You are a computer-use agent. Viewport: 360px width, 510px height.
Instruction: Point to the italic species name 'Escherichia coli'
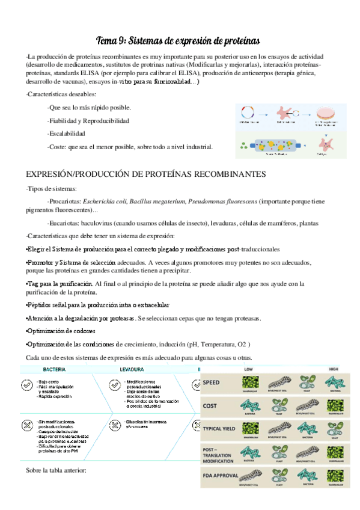(x=107, y=201)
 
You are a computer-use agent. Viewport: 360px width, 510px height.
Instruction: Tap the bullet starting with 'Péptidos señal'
(x=98, y=305)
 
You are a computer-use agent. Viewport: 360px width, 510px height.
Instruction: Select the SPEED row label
(x=212, y=382)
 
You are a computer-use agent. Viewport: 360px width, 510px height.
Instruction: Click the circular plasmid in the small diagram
(x=246, y=112)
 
